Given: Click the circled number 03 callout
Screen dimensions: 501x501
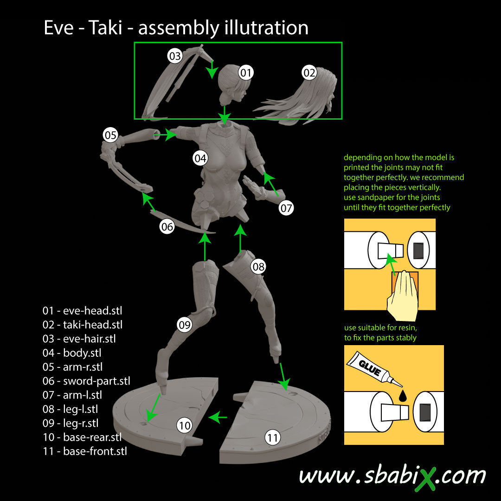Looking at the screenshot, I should tap(174, 57).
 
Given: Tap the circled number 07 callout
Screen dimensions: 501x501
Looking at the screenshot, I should tap(286, 208).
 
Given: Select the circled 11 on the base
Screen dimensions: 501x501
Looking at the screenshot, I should tap(273, 437).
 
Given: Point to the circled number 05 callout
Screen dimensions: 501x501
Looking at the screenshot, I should tap(110, 135).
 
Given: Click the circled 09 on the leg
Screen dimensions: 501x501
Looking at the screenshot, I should tap(185, 325).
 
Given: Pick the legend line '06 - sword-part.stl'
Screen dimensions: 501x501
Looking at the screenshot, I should tap(86, 381).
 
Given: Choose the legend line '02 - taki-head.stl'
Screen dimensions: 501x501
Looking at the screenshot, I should tap(83, 325).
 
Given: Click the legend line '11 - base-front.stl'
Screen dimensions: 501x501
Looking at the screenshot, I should tap(85, 451).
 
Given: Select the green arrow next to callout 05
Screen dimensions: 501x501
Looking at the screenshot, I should tap(165, 135).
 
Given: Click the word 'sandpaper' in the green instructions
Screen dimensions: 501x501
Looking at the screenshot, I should tap(382, 198).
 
